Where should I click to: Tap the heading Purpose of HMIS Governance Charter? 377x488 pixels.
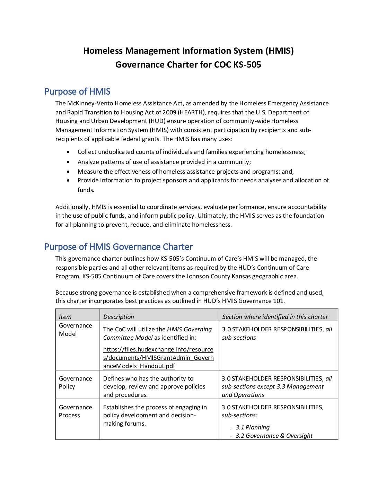(x=119, y=247)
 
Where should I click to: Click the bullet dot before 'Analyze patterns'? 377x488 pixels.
(x=68, y=162)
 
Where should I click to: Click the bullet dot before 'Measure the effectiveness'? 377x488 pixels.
(x=68, y=172)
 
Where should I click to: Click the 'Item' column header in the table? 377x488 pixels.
(x=65, y=317)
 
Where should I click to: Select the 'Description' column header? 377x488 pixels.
(x=119, y=317)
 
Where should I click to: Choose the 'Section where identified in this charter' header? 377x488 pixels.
(x=275, y=317)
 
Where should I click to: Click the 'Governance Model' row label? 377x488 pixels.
(x=75, y=330)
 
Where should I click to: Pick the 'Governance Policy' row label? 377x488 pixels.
(x=75, y=382)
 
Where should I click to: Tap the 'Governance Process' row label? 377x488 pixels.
(x=75, y=411)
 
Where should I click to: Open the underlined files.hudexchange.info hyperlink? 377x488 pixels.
(x=158, y=358)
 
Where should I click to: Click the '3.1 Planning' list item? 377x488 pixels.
(x=252, y=427)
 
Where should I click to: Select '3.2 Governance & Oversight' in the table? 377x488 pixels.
(x=274, y=436)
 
